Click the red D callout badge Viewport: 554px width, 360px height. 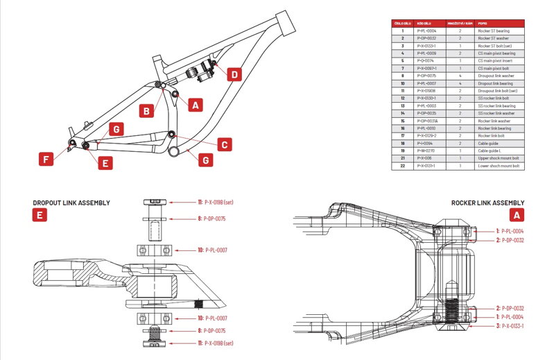tap(234, 74)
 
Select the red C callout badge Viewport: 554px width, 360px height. tap(224, 144)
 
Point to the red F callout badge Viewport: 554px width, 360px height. tap(46, 160)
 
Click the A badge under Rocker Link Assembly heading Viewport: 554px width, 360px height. tap(518, 215)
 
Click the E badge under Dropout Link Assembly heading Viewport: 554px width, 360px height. tap(40, 215)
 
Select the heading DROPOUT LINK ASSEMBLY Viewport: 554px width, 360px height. tap(71, 203)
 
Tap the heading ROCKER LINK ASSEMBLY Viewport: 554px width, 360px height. tap(487, 203)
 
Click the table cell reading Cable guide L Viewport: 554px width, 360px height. tap(490, 151)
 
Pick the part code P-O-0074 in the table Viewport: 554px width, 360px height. tap(426, 60)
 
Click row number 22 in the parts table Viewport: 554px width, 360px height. tap(402, 166)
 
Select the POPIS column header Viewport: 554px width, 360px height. tap(482, 23)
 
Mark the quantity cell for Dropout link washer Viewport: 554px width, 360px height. tap(460, 76)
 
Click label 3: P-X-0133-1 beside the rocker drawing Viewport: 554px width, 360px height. tap(509, 325)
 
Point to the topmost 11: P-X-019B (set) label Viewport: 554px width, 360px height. tap(218, 202)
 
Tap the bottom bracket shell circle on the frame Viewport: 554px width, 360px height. tap(178, 148)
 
